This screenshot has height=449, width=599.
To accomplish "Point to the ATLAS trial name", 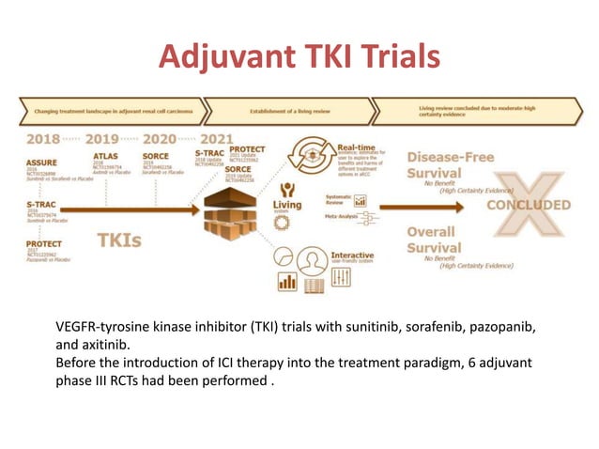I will tap(105, 158).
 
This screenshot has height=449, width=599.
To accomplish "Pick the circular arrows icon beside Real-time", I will tap(306, 153).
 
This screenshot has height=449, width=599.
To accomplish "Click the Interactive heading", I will tap(351, 255).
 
